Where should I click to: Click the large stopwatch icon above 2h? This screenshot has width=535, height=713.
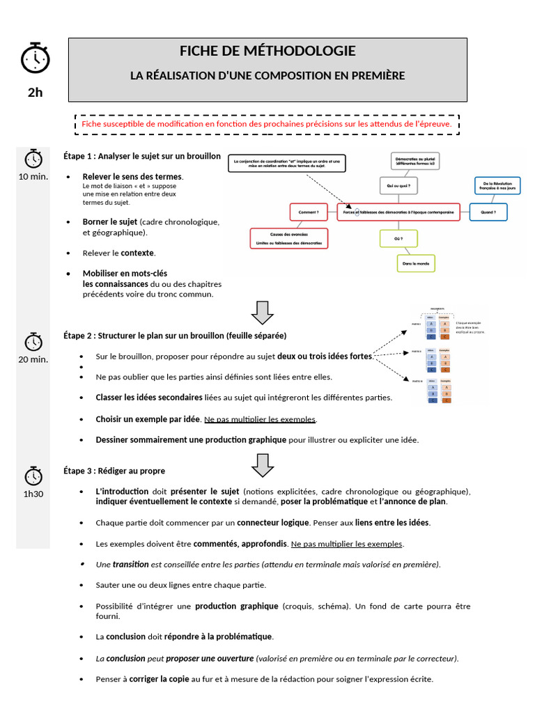coord(35,58)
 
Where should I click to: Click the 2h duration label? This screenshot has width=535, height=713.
coord(35,92)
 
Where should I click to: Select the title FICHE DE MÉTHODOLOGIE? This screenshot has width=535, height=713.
coord(267,51)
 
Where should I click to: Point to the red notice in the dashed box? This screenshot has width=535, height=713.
coord(267,124)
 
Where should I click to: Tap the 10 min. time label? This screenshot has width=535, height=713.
coord(33,176)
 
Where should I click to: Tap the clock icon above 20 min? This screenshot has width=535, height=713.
coord(33,342)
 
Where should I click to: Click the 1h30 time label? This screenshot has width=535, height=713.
coord(33,494)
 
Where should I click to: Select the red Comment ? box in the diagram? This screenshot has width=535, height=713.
coord(309,211)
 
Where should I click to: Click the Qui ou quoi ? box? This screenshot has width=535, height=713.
coord(398,186)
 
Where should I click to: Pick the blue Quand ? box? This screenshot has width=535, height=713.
coord(488,211)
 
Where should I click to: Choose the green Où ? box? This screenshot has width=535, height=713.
coord(398,239)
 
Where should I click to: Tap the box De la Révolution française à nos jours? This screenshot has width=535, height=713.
coord(497,186)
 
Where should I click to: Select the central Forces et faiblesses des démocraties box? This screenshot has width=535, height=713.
coord(398,212)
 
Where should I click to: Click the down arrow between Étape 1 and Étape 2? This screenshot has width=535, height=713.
coord(262,313)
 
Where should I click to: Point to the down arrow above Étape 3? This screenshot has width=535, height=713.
coord(262,464)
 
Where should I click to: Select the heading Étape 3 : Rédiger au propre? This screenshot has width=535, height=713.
coord(114,471)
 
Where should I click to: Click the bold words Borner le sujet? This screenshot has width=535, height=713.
coord(110,222)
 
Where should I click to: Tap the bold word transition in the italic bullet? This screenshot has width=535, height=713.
coord(132,564)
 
